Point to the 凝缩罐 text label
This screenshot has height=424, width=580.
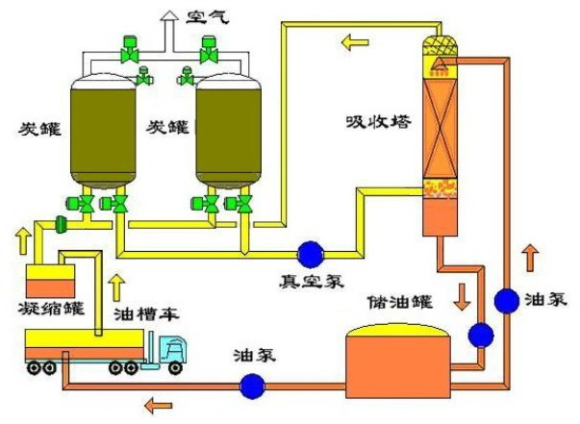[53, 309]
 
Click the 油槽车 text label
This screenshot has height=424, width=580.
[142, 314]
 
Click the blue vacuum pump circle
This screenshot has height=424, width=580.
[311, 253]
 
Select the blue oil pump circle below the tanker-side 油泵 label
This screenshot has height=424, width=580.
[252, 386]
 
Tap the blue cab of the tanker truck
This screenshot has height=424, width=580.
[171, 354]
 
